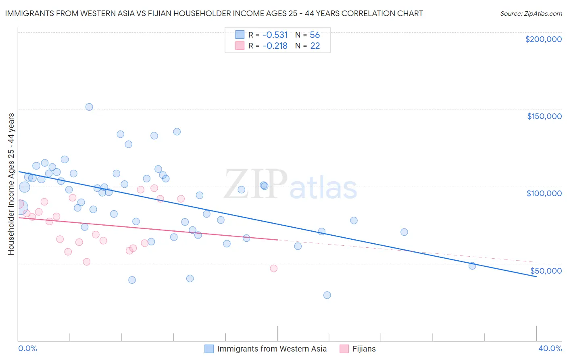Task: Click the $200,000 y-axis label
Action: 543,39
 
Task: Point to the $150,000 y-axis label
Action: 544,116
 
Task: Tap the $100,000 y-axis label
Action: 544,193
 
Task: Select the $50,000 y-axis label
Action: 546,271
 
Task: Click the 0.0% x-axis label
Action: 27,348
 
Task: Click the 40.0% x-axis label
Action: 550,348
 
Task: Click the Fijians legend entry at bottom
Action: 364,349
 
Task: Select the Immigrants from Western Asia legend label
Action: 272,349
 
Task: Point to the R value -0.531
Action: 275,35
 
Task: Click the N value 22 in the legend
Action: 315,46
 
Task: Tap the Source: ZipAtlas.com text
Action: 531,14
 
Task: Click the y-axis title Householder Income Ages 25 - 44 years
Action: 11,184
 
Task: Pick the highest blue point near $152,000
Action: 89,107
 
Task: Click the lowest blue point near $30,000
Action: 327,295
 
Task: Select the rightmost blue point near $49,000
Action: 472,266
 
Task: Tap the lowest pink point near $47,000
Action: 273,268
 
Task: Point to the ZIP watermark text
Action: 256,184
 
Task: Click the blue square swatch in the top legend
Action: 240,35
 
